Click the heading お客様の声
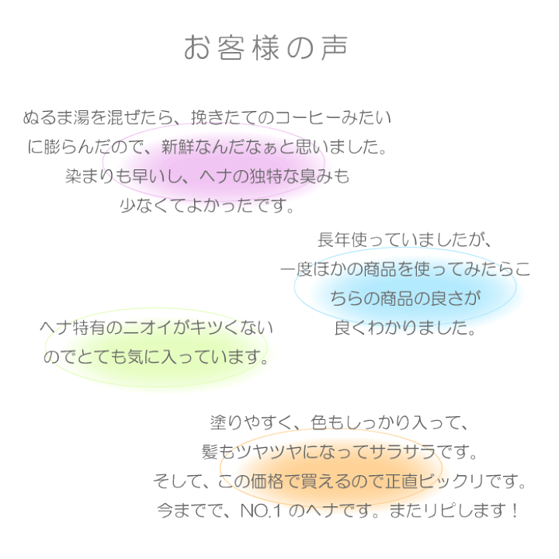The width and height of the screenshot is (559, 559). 266,48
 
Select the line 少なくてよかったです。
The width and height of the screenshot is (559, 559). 208,206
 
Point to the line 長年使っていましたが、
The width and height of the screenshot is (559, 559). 404,240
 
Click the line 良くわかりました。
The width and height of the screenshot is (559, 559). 404,328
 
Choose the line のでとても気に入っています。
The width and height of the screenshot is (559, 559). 157,358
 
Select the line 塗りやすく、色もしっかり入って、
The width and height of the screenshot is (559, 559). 340,423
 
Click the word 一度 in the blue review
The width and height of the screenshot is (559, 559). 297,269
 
